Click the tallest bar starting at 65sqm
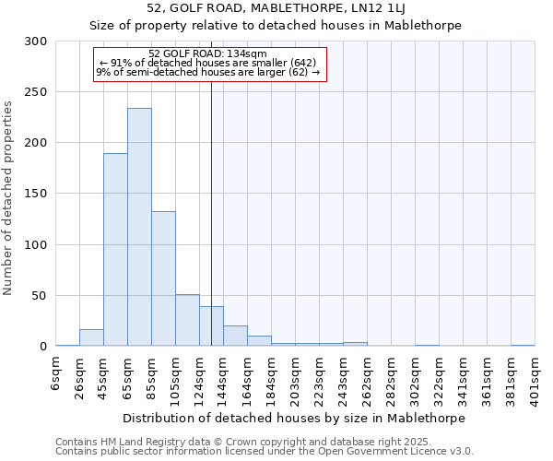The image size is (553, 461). pos(139,227)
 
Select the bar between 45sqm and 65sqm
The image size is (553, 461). pos(115,249)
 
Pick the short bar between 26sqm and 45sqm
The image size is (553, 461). pos(91,338)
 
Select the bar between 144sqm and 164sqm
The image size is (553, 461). pos(235,336)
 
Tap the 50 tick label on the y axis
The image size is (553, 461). pos(39,296)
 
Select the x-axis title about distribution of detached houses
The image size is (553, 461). pos(294,418)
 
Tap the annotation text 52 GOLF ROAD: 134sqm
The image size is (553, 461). pos(207,54)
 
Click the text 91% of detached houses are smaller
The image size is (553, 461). pos(207,63)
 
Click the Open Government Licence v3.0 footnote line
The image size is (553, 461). pos(265,451)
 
